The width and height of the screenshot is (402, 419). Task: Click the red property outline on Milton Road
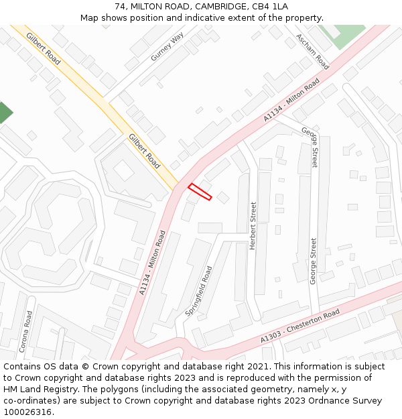(x=200, y=192)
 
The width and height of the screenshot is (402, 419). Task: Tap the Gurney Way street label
(x=167, y=48)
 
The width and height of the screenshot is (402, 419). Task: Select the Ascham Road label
(x=313, y=52)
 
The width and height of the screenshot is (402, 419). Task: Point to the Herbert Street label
(x=253, y=226)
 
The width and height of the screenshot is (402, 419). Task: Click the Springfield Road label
(x=198, y=291)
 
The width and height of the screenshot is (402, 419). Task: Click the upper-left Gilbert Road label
(x=44, y=48)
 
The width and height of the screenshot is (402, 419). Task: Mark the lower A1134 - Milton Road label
(x=153, y=263)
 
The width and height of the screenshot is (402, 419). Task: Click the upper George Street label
(x=310, y=147)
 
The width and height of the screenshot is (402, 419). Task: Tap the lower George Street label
(x=313, y=261)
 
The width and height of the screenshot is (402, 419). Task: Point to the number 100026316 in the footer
(x=27, y=412)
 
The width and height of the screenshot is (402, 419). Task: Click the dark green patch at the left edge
(x=4, y=113)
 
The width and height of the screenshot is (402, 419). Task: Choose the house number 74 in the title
(x=121, y=6)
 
